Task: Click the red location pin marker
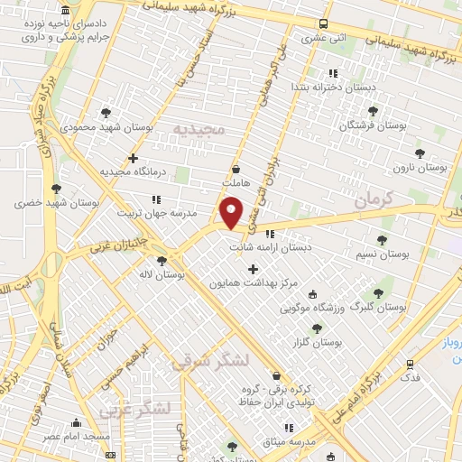[x=231, y=214]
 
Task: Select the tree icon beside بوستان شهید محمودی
[x=107, y=113]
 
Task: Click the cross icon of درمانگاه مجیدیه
[x=134, y=158]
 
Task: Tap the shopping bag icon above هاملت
[x=236, y=169]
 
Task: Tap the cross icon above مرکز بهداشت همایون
[x=253, y=268]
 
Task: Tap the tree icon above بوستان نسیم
[x=382, y=241]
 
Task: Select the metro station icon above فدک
[x=411, y=365]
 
